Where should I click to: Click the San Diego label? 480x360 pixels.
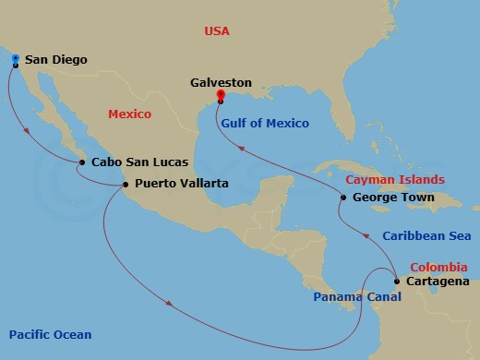coord(55,60)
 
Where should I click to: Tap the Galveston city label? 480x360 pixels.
coord(222,81)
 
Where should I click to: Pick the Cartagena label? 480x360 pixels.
coord(438,282)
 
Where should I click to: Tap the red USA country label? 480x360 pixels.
coord(218,32)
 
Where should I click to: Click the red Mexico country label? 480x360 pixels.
coord(129,114)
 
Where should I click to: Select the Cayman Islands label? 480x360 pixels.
coord(394,179)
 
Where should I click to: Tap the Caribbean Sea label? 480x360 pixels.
coord(426,236)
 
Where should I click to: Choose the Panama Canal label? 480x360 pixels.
coord(352,296)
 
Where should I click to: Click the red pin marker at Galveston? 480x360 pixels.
coord(220,95)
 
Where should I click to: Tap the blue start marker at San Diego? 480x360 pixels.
coord(16,59)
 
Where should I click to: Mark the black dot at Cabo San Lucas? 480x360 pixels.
coord(84,162)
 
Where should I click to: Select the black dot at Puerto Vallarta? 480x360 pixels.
coord(126,184)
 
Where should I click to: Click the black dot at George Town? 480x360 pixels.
coord(343,198)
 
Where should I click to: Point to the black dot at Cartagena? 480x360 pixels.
coord(396,282)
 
